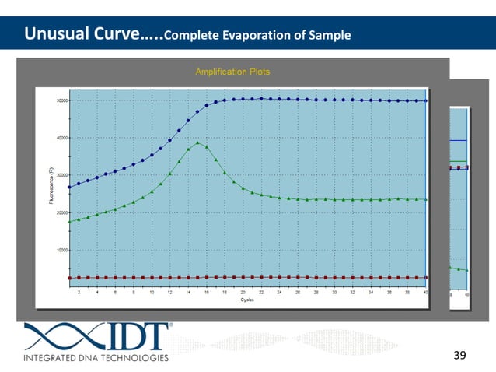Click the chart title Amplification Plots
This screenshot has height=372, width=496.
point(232,72)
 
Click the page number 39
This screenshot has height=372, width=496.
point(459,355)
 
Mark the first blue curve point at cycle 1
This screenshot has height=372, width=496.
point(70,187)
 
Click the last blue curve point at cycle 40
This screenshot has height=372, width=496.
point(425,100)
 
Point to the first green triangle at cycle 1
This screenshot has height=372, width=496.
point(70,222)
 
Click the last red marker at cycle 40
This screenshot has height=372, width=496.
point(425,277)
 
